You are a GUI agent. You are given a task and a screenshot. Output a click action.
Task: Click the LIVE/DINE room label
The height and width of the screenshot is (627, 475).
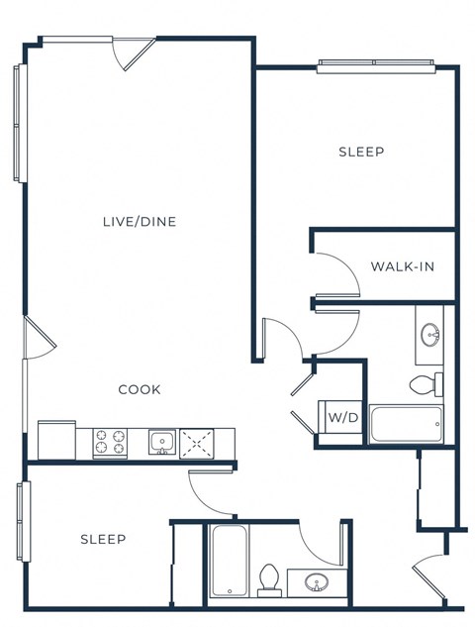(140, 221)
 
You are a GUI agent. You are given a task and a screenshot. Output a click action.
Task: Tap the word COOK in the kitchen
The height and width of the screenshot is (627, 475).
(140, 389)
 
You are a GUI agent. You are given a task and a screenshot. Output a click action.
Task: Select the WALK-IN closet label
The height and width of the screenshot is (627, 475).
(402, 266)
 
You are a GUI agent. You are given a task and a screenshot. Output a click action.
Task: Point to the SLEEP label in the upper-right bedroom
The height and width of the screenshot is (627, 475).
(361, 152)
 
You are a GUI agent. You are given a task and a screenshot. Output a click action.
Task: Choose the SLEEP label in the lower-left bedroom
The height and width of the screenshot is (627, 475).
(103, 539)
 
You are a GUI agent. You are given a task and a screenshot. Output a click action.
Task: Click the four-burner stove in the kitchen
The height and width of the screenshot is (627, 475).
(111, 442)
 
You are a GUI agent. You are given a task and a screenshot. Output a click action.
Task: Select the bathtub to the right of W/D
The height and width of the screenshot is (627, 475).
(406, 424)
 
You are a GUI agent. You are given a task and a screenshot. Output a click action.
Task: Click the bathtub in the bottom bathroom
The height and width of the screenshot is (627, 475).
(229, 561)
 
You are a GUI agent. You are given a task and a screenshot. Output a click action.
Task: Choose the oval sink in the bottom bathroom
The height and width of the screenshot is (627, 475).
(316, 582)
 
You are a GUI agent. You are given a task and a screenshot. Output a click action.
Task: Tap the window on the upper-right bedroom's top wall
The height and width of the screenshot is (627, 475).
(375, 66)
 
